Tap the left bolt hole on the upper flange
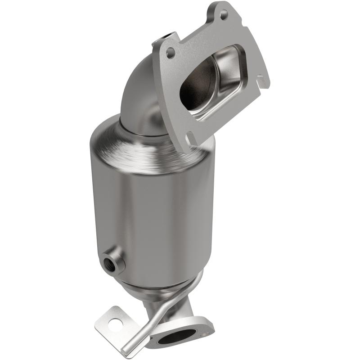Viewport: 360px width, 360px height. (170, 53)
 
